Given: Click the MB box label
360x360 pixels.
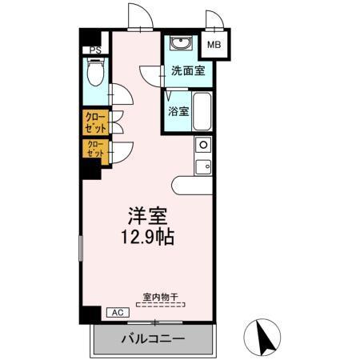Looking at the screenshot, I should click(214, 46).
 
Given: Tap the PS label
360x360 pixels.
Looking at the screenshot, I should click(95, 50).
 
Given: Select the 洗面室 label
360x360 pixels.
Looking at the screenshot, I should click(188, 70).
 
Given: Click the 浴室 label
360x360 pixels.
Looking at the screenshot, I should click(178, 111).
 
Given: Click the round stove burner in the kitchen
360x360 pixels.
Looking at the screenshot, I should click(203, 145).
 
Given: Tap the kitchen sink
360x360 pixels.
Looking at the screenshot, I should click(203, 166).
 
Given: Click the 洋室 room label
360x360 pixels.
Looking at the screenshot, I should click(147, 216).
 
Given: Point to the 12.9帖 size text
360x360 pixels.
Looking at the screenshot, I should click(148, 238).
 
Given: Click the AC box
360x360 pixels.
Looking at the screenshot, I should click(117, 313).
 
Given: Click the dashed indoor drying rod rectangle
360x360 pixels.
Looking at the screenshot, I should click(160, 305).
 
